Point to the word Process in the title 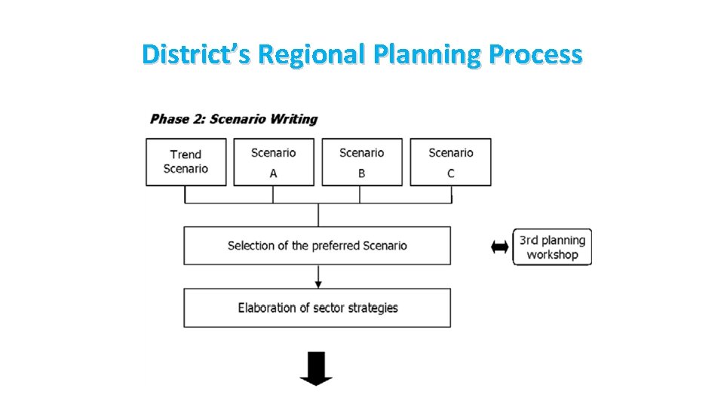coord(535,54)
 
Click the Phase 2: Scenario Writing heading coord(234,119)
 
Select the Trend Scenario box coord(186,161)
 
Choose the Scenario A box coord(273,161)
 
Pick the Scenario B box coord(362,161)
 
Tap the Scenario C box coord(450,161)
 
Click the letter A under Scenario coord(273,173)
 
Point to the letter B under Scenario coord(362,173)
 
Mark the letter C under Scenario coord(451,173)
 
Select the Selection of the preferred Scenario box coord(318,246)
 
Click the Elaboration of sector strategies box coord(318,308)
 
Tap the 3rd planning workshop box coord(552,247)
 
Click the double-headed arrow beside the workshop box coord(499,247)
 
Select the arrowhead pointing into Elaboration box coord(318,283)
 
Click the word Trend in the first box coord(186,155)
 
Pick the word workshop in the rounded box coord(552,255)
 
